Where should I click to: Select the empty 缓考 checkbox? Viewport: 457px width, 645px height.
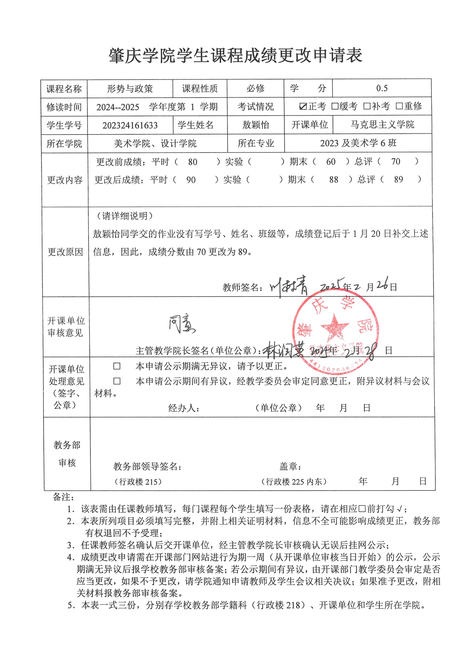(x=335, y=106)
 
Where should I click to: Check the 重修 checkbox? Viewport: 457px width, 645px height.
(x=399, y=106)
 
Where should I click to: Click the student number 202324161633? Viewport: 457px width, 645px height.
(x=130, y=125)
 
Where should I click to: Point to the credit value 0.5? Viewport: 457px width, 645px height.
(x=382, y=88)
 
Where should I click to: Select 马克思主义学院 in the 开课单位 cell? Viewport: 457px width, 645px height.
(x=382, y=125)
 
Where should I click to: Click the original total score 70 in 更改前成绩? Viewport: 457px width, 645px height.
(x=395, y=161)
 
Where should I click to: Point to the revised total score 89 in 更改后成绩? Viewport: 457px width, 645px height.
(x=398, y=180)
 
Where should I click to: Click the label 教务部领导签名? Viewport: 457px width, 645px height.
(x=147, y=467)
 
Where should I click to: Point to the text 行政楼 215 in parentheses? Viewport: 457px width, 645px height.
(x=138, y=482)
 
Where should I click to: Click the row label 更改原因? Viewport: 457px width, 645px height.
(x=65, y=252)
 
